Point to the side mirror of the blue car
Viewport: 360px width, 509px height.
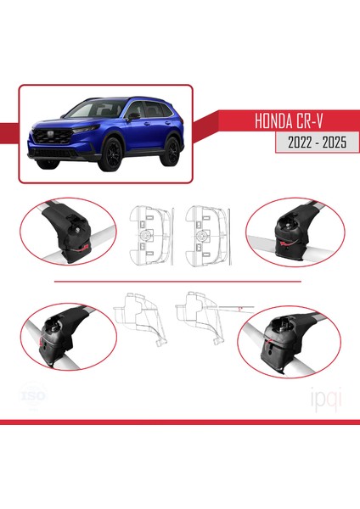[x=133, y=118]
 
